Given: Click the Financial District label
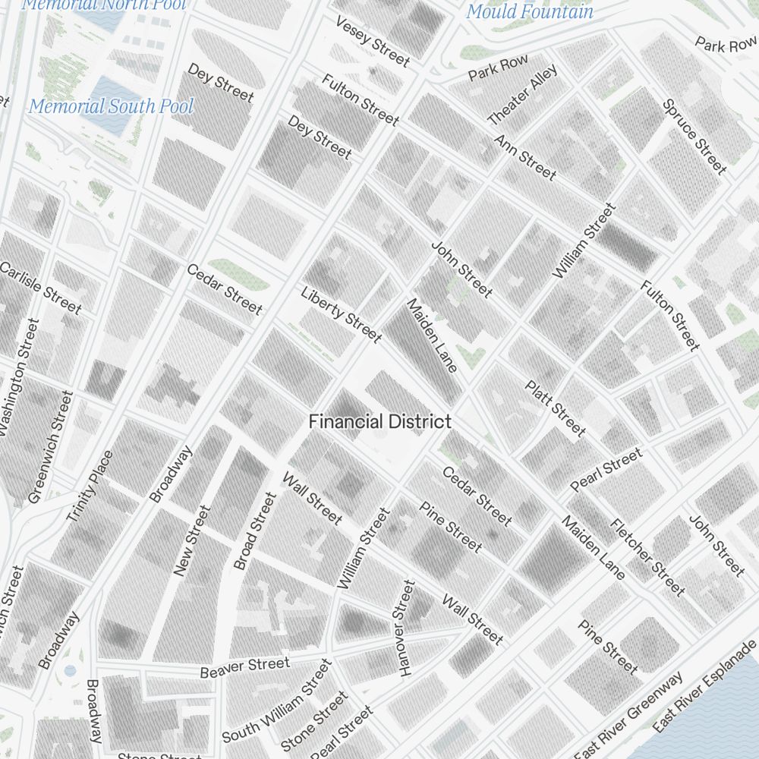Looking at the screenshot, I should tap(379, 422).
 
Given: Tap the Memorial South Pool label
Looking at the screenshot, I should tap(111, 106).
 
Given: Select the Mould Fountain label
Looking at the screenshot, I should tap(529, 11).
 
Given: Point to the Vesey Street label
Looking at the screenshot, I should tap(372, 41).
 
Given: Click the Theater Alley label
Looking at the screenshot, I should tap(522, 95).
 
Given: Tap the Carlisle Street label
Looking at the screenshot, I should tap(40, 288).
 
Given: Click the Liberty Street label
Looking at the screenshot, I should tap(341, 314).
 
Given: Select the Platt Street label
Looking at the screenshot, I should tap(556, 408).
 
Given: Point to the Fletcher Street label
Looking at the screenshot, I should tap(647, 557).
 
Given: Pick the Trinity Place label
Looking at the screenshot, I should tap(90, 486).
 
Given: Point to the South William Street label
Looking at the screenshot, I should tap(277, 702).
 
